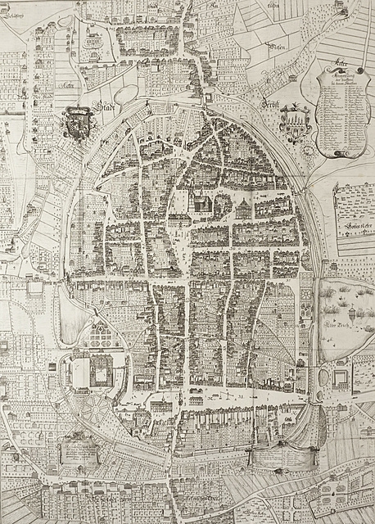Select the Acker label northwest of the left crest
[x=67, y=84]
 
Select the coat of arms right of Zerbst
[x=293, y=124]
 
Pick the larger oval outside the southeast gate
[x=322, y=382]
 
